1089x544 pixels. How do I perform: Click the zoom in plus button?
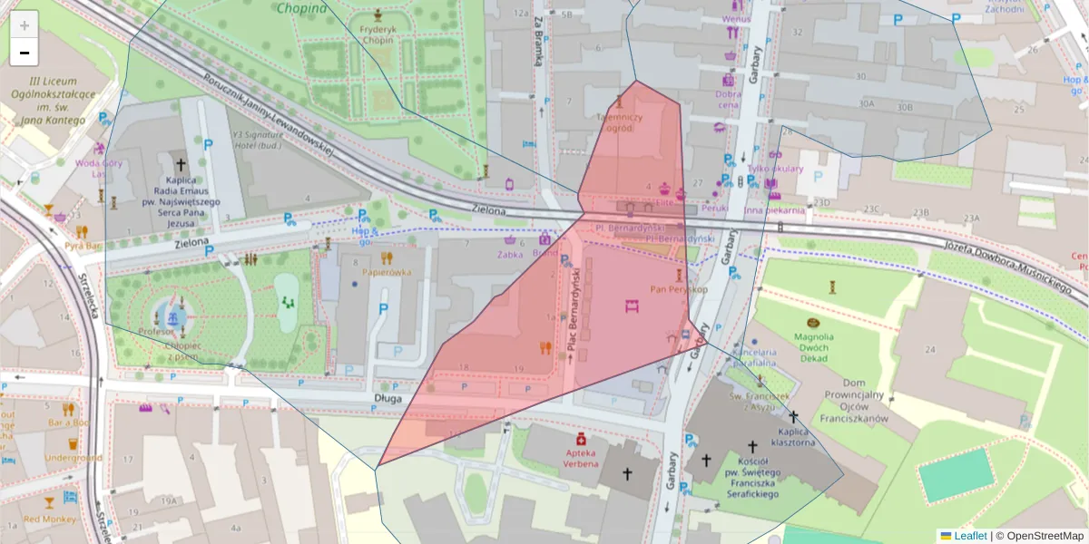point(25,24)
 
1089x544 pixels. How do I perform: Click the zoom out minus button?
point(25,52)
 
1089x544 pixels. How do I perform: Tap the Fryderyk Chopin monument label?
point(377,34)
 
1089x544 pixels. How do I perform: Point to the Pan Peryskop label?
point(679,289)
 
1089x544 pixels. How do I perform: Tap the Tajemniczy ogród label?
point(620,122)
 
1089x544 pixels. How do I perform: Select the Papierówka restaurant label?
point(387,271)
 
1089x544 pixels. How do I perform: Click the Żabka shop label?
point(511,255)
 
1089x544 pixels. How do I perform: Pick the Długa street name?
point(388,396)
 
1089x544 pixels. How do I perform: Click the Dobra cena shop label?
point(729,98)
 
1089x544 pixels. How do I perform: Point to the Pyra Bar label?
point(82,246)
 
